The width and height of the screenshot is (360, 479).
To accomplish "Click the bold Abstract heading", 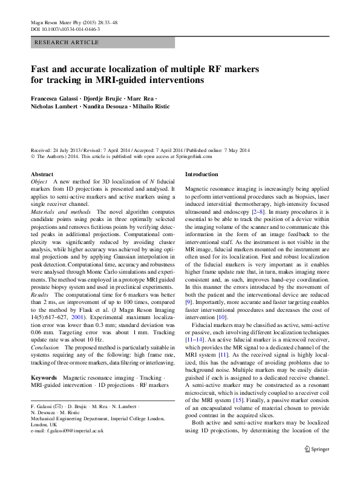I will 42,174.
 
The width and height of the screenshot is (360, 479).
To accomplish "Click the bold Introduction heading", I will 200,174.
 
